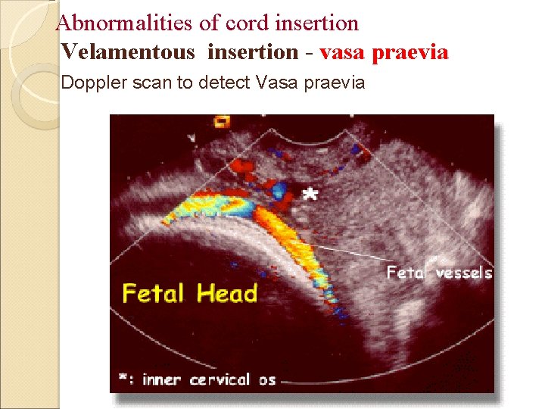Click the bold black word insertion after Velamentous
(x=252, y=52)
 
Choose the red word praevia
(x=414, y=52)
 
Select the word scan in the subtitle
(x=155, y=83)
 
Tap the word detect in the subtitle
(x=224, y=83)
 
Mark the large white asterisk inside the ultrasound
(x=310, y=193)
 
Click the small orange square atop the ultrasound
(x=222, y=120)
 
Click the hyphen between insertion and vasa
(x=309, y=53)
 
